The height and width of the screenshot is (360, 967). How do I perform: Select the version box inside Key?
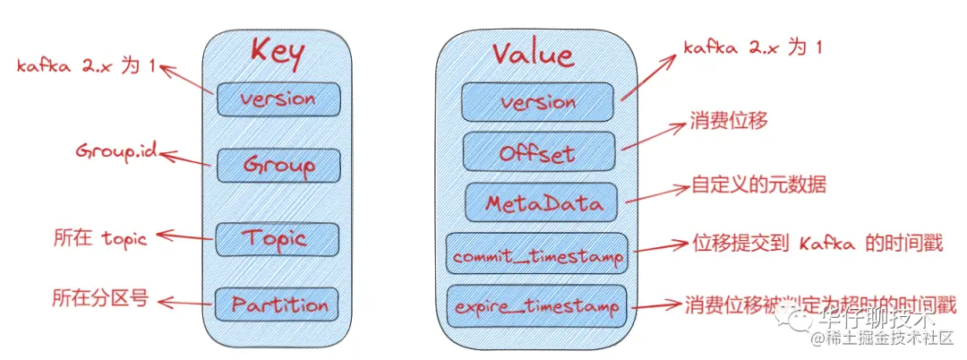[278, 99]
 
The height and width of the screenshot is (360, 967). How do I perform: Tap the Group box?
[278, 165]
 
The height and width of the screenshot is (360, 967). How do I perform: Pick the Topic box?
[278, 238]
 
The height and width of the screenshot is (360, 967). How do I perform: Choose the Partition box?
[279, 304]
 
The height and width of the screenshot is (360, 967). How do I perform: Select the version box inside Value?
[537, 101]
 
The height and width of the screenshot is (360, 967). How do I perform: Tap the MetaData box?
[541, 202]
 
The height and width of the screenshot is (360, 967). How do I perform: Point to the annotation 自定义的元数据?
[757, 185]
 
